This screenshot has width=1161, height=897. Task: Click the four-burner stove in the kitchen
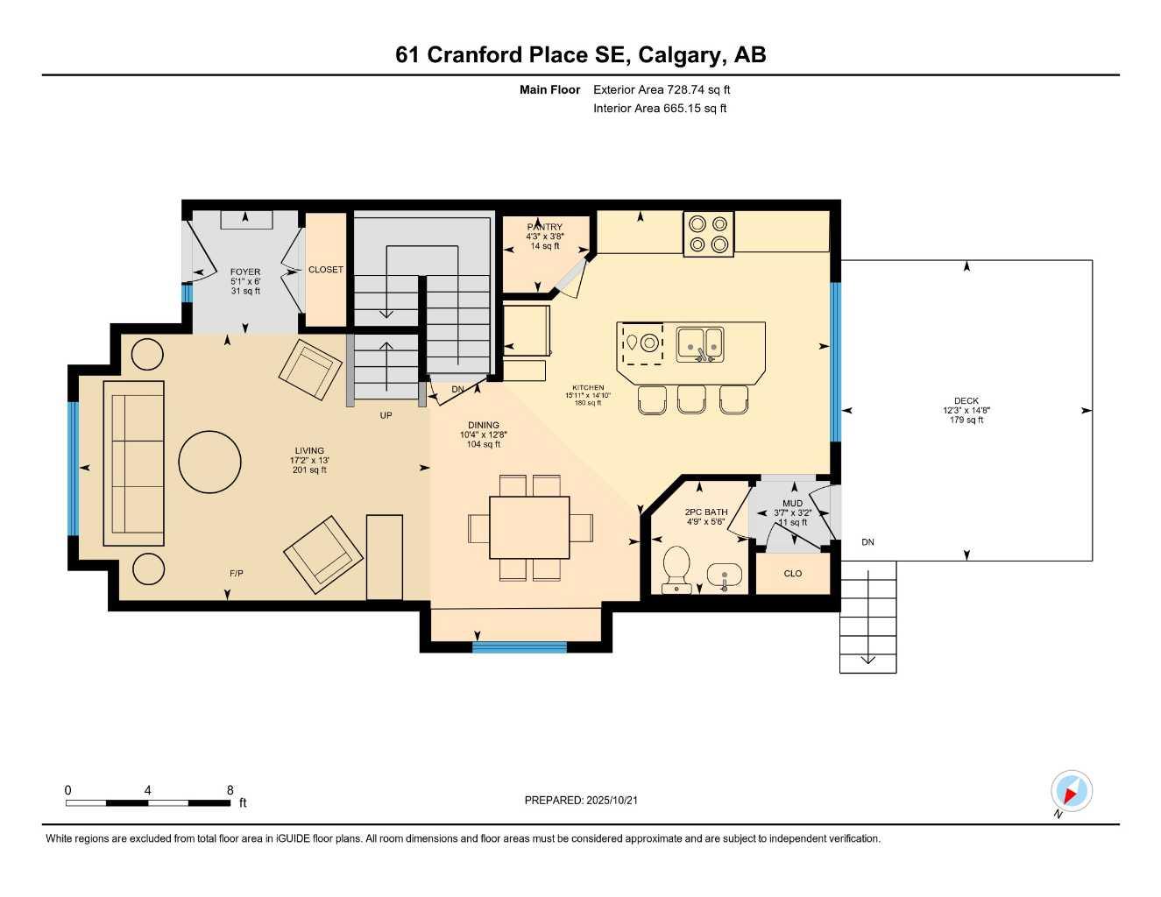[x=709, y=234]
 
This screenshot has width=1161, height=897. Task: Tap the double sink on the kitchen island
[x=700, y=343]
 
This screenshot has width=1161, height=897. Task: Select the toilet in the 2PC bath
[x=676, y=569]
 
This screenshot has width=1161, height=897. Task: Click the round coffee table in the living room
[x=210, y=462]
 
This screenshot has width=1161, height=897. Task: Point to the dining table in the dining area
[x=529, y=527]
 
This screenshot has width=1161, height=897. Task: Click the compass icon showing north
[x=1071, y=792]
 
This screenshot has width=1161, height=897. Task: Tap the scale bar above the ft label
[x=148, y=802]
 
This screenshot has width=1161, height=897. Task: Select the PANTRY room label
[x=545, y=227]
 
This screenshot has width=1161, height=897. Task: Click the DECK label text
[x=966, y=401]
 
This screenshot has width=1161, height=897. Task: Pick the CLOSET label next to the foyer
[x=326, y=270]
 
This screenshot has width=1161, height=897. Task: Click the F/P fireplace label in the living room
[x=237, y=573]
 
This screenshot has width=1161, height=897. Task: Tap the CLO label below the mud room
[x=793, y=574]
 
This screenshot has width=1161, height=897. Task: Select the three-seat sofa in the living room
[x=134, y=463]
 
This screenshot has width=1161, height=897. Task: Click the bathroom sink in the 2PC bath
[x=724, y=576]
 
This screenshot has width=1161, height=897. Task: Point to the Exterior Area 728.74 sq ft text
[x=662, y=89]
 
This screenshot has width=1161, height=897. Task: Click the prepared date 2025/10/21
[x=581, y=800]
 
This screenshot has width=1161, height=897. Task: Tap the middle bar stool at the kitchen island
[x=691, y=399]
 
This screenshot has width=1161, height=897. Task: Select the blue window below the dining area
[x=520, y=647]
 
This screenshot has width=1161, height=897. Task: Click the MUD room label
[x=792, y=504]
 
